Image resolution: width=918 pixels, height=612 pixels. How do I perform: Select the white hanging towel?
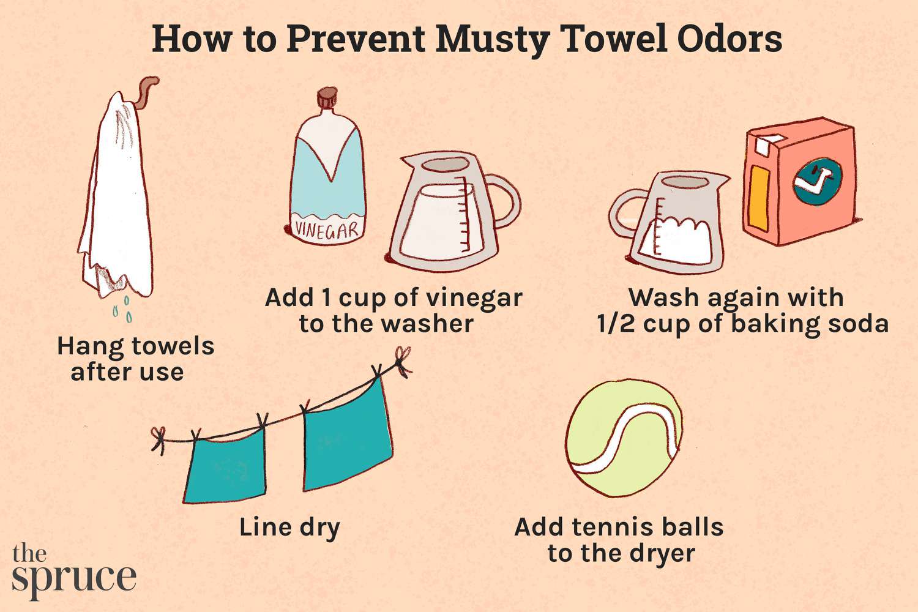(x=116, y=196)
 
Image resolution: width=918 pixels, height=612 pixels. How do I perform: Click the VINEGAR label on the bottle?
(x=326, y=230)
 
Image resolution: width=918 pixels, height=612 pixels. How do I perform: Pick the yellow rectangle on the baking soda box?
(x=759, y=197)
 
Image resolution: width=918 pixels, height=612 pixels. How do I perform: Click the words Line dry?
(x=289, y=528)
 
